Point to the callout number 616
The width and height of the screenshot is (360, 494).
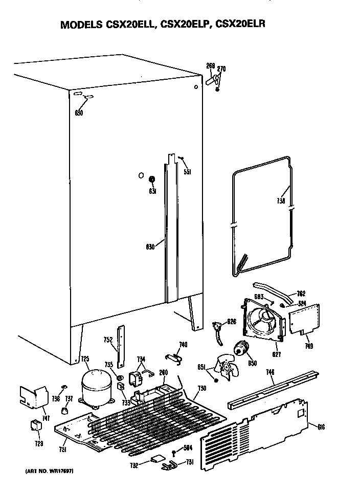[321, 427]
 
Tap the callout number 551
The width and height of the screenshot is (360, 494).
[188, 172]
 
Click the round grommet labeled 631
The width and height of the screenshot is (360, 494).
[152, 180]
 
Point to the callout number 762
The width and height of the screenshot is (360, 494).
[302, 294]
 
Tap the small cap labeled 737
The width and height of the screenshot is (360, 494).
[65, 410]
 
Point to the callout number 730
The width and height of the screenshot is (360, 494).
[202, 388]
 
